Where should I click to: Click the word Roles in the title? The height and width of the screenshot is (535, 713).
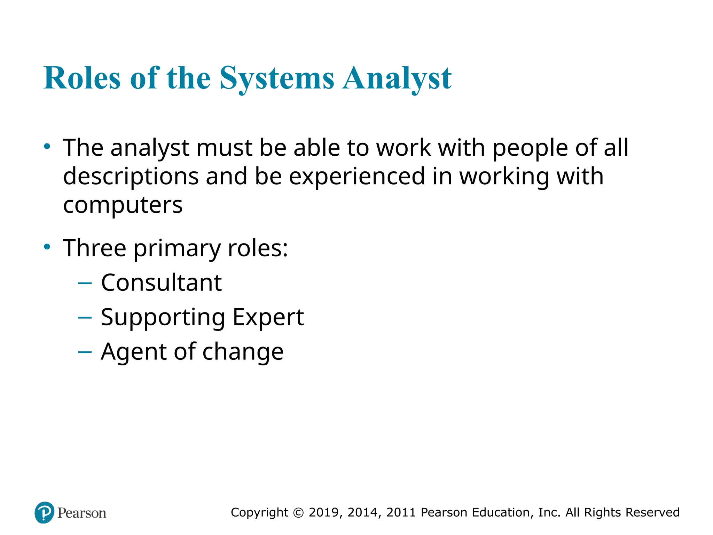tap(82, 78)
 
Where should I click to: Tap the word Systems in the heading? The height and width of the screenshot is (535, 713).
tap(277, 78)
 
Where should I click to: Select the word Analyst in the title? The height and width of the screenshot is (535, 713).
tap(397, 78)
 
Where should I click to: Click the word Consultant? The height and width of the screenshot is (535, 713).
tap(161, 282)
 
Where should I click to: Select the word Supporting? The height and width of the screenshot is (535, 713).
tap(163, 318)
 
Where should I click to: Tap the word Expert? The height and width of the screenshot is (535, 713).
tap(268, 318)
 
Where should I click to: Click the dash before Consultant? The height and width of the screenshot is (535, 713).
tap(85, 283)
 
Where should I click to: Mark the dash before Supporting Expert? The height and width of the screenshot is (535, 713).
tap(85, 318)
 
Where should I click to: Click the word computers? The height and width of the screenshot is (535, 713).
tap(123, 205)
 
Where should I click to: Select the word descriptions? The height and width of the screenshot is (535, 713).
tap(131, 177)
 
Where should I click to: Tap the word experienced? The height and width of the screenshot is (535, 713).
tap(357, 177)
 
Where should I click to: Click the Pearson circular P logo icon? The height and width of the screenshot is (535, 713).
tap(45, 513)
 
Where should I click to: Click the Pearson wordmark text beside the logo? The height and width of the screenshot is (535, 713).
tap(82, 513)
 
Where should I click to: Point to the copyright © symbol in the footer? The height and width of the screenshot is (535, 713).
tap(298, 513)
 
